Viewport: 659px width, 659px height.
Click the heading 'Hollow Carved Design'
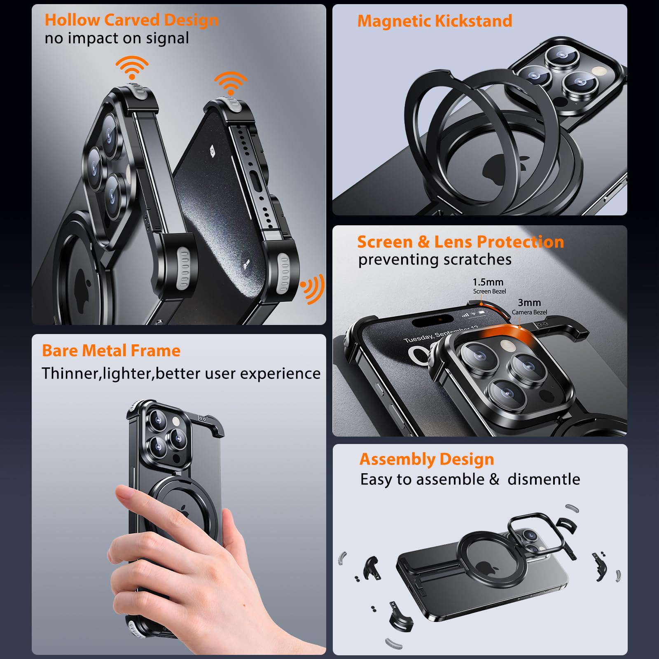click(x=131, y=20)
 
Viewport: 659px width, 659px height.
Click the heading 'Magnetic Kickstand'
click(x=435, y=21)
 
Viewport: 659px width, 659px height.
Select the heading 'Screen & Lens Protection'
click(x=460, y=242)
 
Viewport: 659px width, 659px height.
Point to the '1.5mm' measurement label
click(x=488, y=282)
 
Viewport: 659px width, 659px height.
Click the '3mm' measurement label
click(x=529, y=303)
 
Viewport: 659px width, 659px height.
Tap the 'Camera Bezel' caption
click(x=529, y=312)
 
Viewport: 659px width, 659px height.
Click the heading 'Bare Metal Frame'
click(x=111, y=351)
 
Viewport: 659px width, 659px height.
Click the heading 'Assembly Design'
click(x=426, y=459)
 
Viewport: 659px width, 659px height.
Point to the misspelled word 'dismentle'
click(x=544, y=479)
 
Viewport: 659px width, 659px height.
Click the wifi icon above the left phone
click(x=132, y=67)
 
